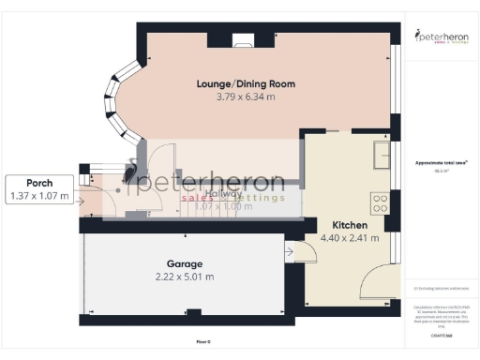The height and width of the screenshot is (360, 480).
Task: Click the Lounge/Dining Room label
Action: pos(246,83)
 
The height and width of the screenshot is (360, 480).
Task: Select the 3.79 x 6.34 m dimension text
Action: pos(246,97)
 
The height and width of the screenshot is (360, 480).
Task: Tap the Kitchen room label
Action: pos(349,226)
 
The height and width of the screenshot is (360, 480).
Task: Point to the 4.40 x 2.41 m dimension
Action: pos(349,238)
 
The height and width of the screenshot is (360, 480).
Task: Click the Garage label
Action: pos(185,263)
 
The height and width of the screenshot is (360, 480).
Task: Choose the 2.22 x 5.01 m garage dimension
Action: pos(185,277)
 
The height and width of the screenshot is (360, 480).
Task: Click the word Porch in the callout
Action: pos(38,182)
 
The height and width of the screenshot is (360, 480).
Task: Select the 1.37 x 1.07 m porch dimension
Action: pos(38,196)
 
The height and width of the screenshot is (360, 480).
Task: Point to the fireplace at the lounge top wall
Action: pos(244,38)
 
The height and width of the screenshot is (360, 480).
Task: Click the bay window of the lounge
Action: pos(119,97)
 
